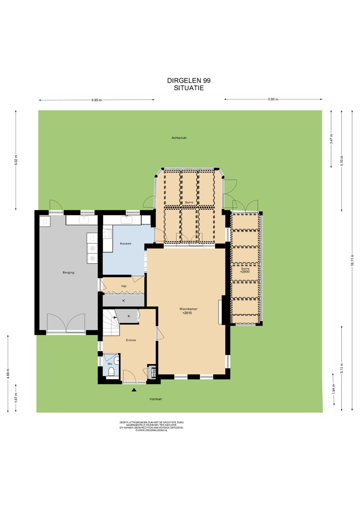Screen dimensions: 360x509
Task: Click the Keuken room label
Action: point(126,244)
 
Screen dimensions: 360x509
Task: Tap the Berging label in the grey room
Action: point(68,273)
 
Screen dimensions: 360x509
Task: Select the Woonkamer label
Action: point(188,309)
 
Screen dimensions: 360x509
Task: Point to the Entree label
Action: point(131,340)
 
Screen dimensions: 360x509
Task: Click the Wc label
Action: point(110,364)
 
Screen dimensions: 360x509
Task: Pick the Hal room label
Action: point(124,286)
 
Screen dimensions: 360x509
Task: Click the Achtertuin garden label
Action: point(179,138)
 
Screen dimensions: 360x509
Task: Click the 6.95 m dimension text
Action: point(97,100)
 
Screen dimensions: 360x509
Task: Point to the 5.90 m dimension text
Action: point(273,99)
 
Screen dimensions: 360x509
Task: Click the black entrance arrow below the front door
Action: point(134,390)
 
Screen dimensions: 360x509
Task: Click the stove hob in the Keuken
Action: point(107,234)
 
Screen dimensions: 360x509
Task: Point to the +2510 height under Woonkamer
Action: point(187,313)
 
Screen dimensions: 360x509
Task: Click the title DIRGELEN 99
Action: point(189,81)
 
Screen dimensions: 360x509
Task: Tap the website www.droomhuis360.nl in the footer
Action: point(151,431)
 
